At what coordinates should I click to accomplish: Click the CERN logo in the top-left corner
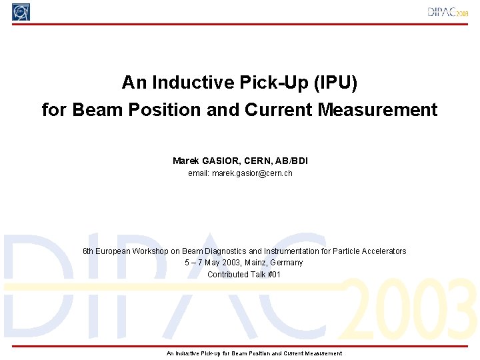pos(21,12)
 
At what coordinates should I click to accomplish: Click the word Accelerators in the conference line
pos(383,251)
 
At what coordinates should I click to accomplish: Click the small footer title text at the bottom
pos(254,353)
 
